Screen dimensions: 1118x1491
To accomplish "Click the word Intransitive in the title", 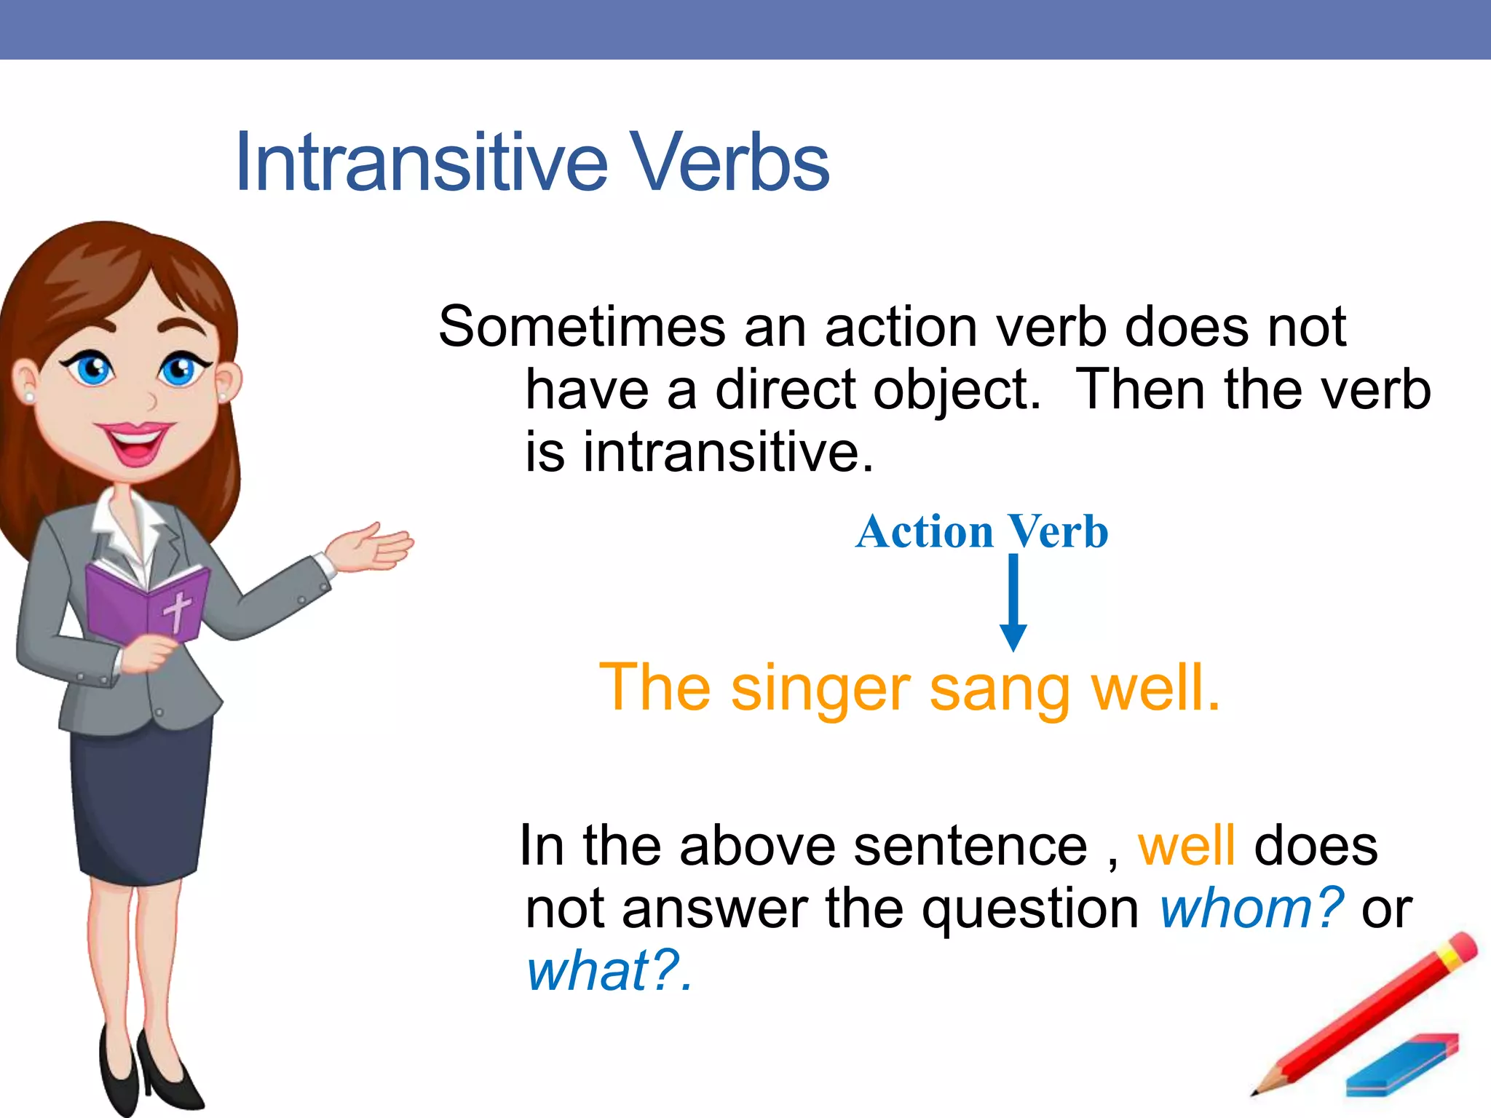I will pos(421,163).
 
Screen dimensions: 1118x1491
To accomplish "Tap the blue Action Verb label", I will pos(981,531).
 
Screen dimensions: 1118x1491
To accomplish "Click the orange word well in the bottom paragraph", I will pos(1186,847).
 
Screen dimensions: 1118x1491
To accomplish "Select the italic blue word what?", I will pos(608,972).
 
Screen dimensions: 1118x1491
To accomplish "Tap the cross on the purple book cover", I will pos(177,610).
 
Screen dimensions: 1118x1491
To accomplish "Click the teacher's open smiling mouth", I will pos(135,443).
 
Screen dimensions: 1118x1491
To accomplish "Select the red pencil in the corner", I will pos(1369,1012).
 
